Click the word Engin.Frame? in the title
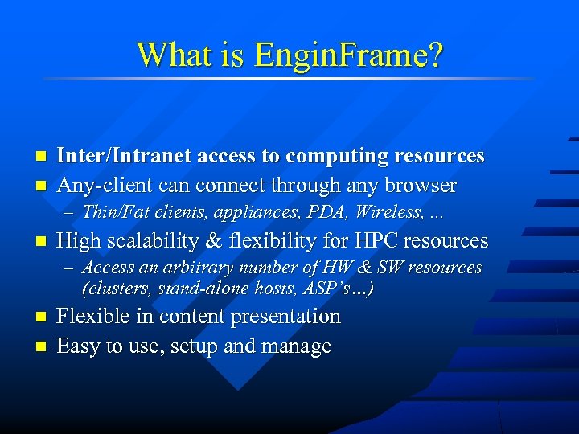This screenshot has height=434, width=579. [x=348, y=55]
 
